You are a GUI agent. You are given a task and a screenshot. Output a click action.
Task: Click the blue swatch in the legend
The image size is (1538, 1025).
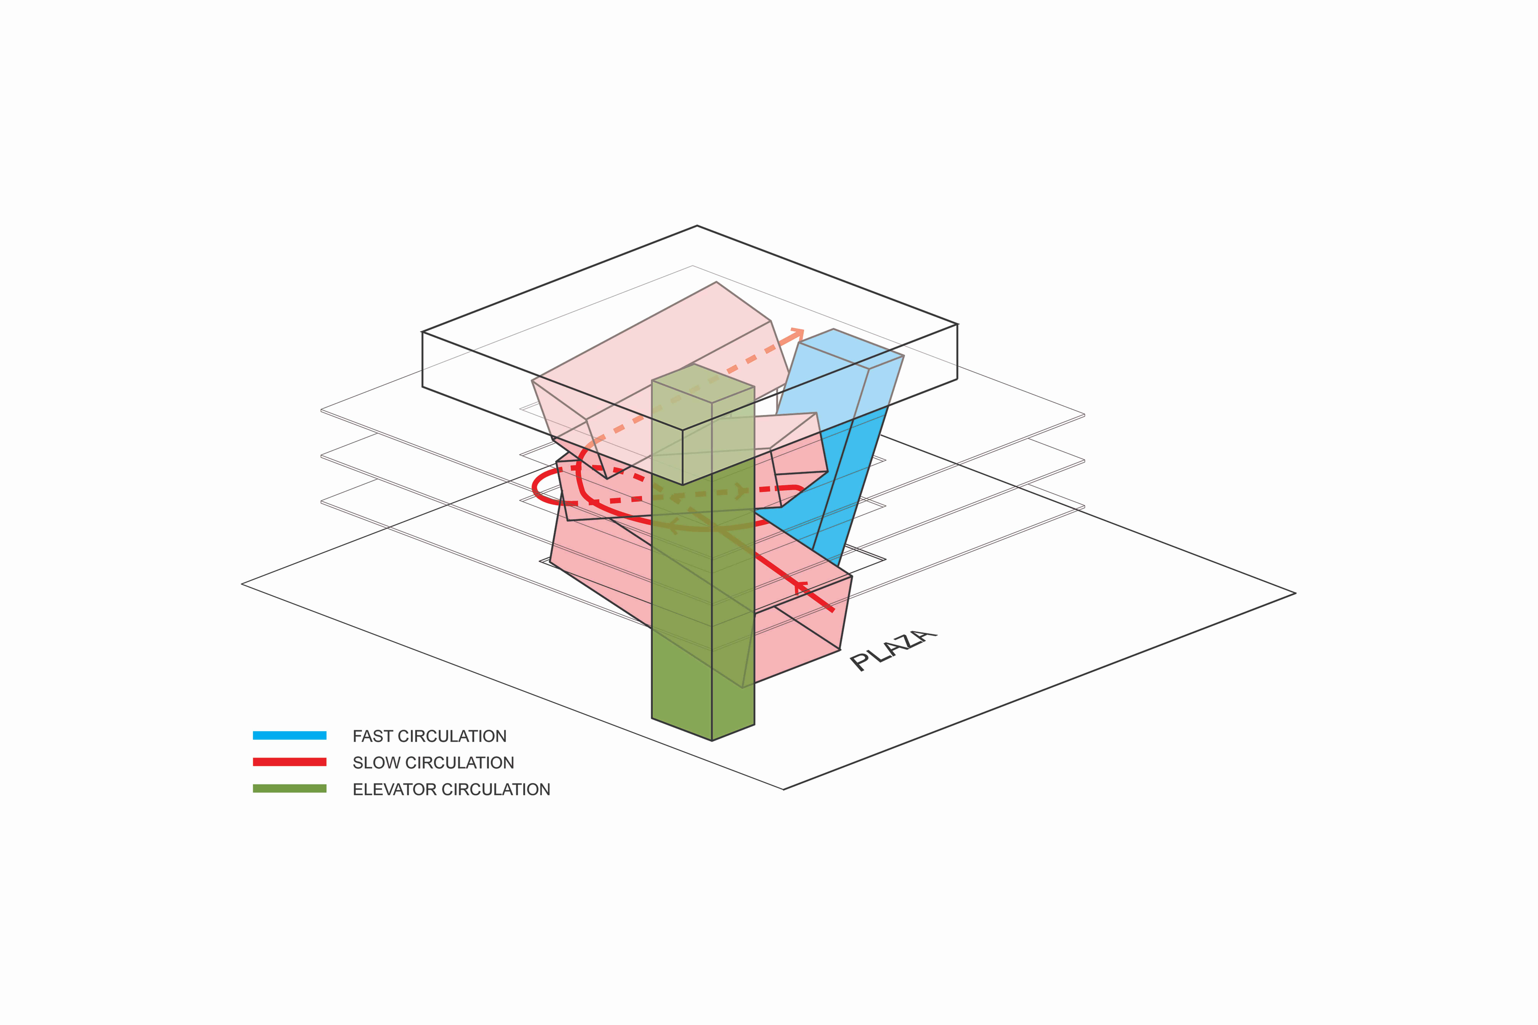290,735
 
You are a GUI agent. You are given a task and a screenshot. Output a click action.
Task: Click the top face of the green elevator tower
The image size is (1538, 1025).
703,384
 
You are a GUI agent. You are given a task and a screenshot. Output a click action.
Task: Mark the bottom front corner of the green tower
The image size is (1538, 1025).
712,741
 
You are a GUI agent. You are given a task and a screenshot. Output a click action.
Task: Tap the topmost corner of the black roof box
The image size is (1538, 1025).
697,226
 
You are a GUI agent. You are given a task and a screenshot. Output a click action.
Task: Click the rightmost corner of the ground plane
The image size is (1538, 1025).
1295,594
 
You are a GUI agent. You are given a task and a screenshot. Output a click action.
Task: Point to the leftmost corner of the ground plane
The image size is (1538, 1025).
242,584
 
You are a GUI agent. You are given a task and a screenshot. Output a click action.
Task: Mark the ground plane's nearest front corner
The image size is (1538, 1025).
783,789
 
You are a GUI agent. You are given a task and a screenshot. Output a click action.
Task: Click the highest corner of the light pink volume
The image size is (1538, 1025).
717,282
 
